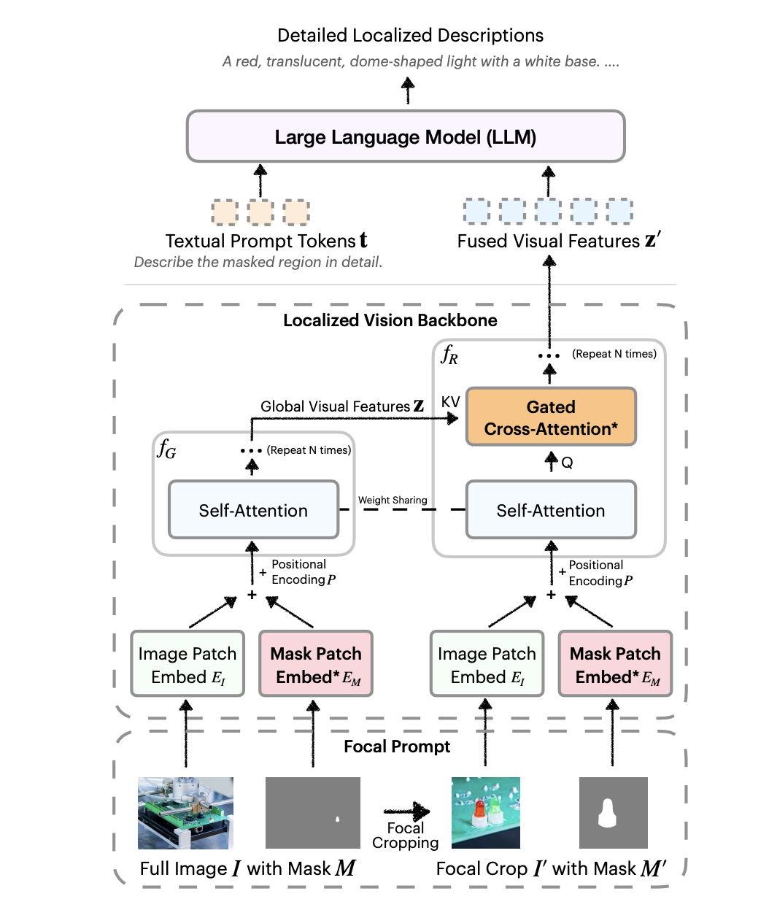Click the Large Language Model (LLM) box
406,136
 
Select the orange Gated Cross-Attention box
551,417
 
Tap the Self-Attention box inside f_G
253,510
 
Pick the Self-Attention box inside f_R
551,510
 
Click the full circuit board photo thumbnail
186,812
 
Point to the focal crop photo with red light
485,812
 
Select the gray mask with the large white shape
613,812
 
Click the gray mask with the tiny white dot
313,812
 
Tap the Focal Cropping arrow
406,811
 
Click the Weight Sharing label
393,500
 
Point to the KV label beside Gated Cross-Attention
450,402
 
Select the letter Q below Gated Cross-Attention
567,463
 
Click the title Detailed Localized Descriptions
410,35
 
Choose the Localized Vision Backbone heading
390,320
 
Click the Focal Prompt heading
397,747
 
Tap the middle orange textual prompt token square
260,212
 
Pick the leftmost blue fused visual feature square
477,211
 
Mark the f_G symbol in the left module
167,449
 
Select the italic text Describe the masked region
258,262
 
